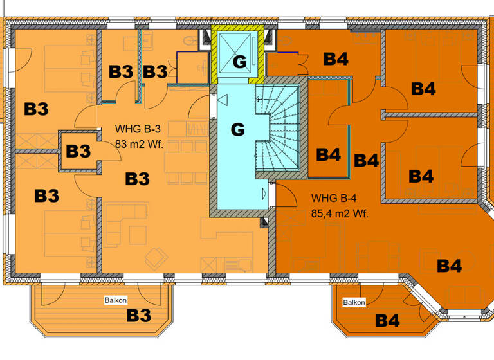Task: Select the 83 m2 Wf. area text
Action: (140, 143)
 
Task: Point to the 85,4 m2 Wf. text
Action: (340, 213)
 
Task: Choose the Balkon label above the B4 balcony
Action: (354, 303)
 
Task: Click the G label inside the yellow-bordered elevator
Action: (239, 62)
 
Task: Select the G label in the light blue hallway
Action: (237, 130)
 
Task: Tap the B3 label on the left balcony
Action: (138, 316)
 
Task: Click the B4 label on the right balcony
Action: (387, 319)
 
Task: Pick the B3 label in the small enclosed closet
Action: (78, 152)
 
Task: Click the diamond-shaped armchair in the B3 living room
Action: (156, 259)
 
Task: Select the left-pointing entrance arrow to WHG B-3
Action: (223, 100)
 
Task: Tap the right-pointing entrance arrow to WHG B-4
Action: (264, 192)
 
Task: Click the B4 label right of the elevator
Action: (336, 60)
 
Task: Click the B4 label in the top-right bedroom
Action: (423, 89)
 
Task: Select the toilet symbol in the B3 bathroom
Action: (190, 40)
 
